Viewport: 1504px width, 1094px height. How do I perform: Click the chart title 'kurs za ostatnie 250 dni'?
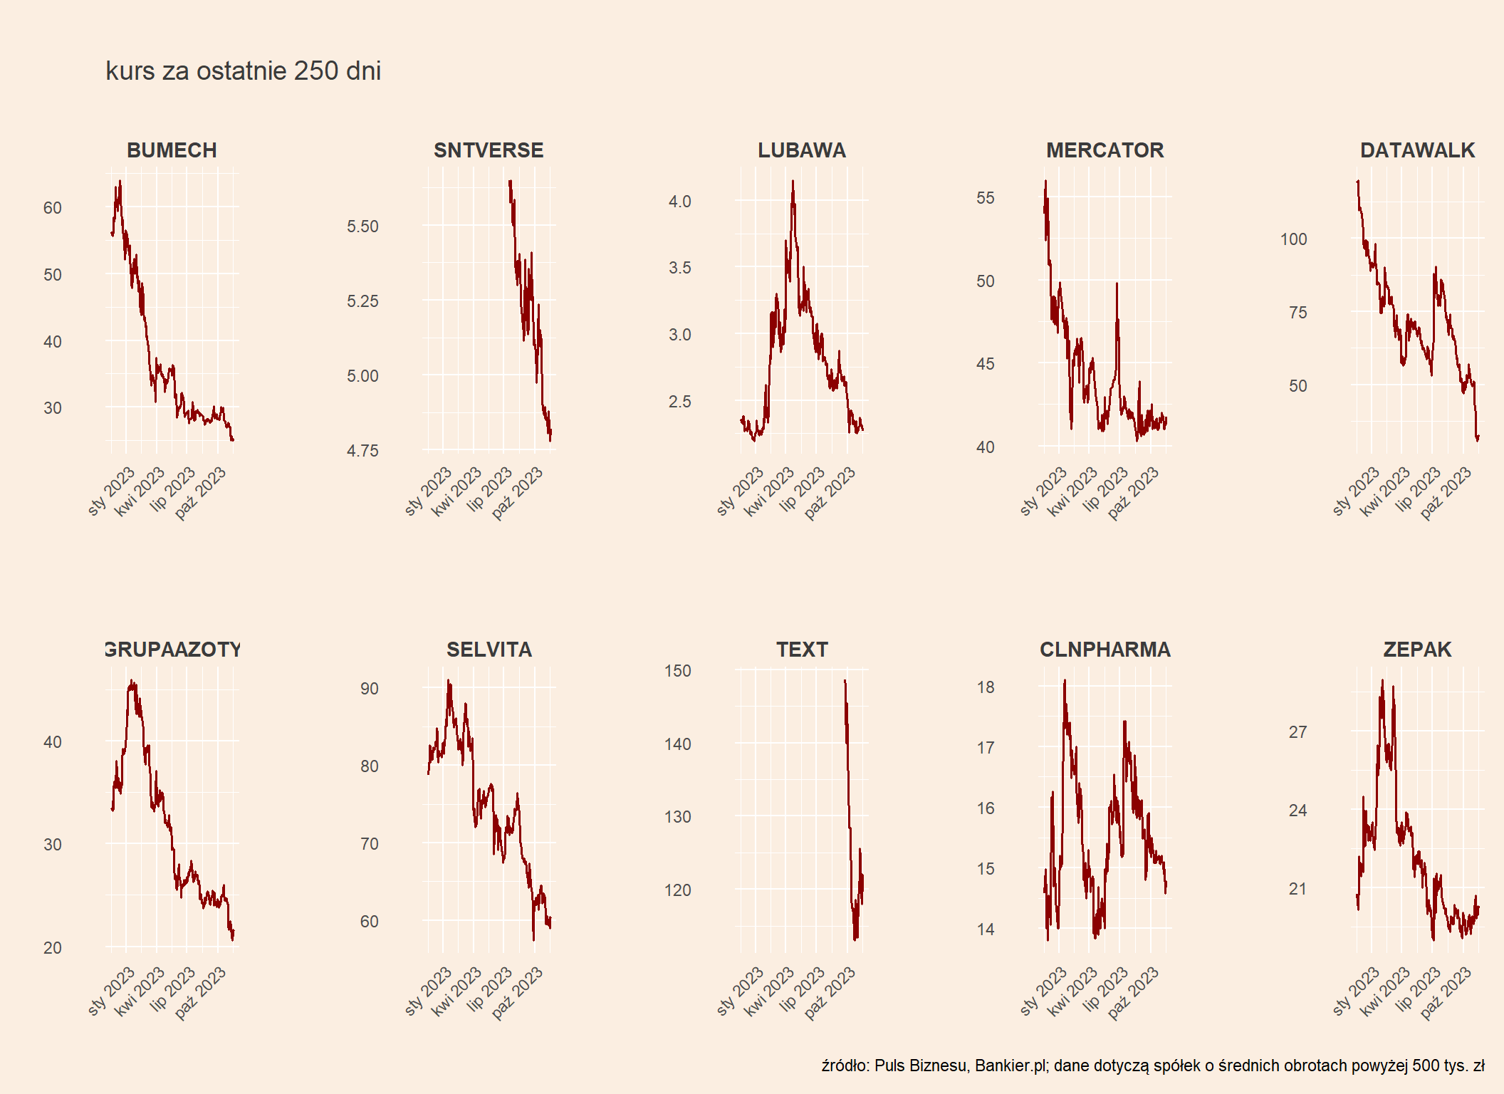tap(243, 71)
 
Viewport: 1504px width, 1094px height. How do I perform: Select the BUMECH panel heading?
tap(172, 150)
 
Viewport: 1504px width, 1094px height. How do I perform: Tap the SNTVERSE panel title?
tap(489, 150)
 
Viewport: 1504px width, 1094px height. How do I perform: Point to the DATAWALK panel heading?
tap(1417, 150)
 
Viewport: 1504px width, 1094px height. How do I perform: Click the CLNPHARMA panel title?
tap(1105, 650)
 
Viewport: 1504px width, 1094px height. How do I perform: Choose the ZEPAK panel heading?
tap(1417, 650)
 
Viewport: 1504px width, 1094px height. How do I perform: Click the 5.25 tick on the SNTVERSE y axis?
tap(362, 301)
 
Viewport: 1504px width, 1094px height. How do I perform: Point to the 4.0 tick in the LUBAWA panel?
tap(679, 202)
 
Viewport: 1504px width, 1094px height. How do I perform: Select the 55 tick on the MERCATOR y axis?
tap(985, 198)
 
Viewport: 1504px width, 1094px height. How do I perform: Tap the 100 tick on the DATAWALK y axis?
tap(1293, 239)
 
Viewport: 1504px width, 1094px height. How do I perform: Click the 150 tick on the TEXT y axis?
tap(677, 671)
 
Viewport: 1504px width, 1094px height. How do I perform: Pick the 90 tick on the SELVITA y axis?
tap(369, 689)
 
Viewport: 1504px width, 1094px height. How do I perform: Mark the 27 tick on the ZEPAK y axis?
tap(1297, 732)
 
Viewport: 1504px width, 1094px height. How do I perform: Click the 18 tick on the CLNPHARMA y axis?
tap(985, 687)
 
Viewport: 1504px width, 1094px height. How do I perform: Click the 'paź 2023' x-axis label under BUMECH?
tap(200, 494)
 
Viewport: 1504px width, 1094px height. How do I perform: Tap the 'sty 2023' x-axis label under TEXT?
tap(740, 991)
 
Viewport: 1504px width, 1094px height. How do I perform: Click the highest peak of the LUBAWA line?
tap(793, 181)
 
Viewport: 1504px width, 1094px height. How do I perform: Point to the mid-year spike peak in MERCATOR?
tap(1117, 283)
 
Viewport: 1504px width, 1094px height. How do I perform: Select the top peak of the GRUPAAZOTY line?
tap(132, 681)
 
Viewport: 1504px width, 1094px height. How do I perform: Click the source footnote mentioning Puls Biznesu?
tap(1153, 1066)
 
